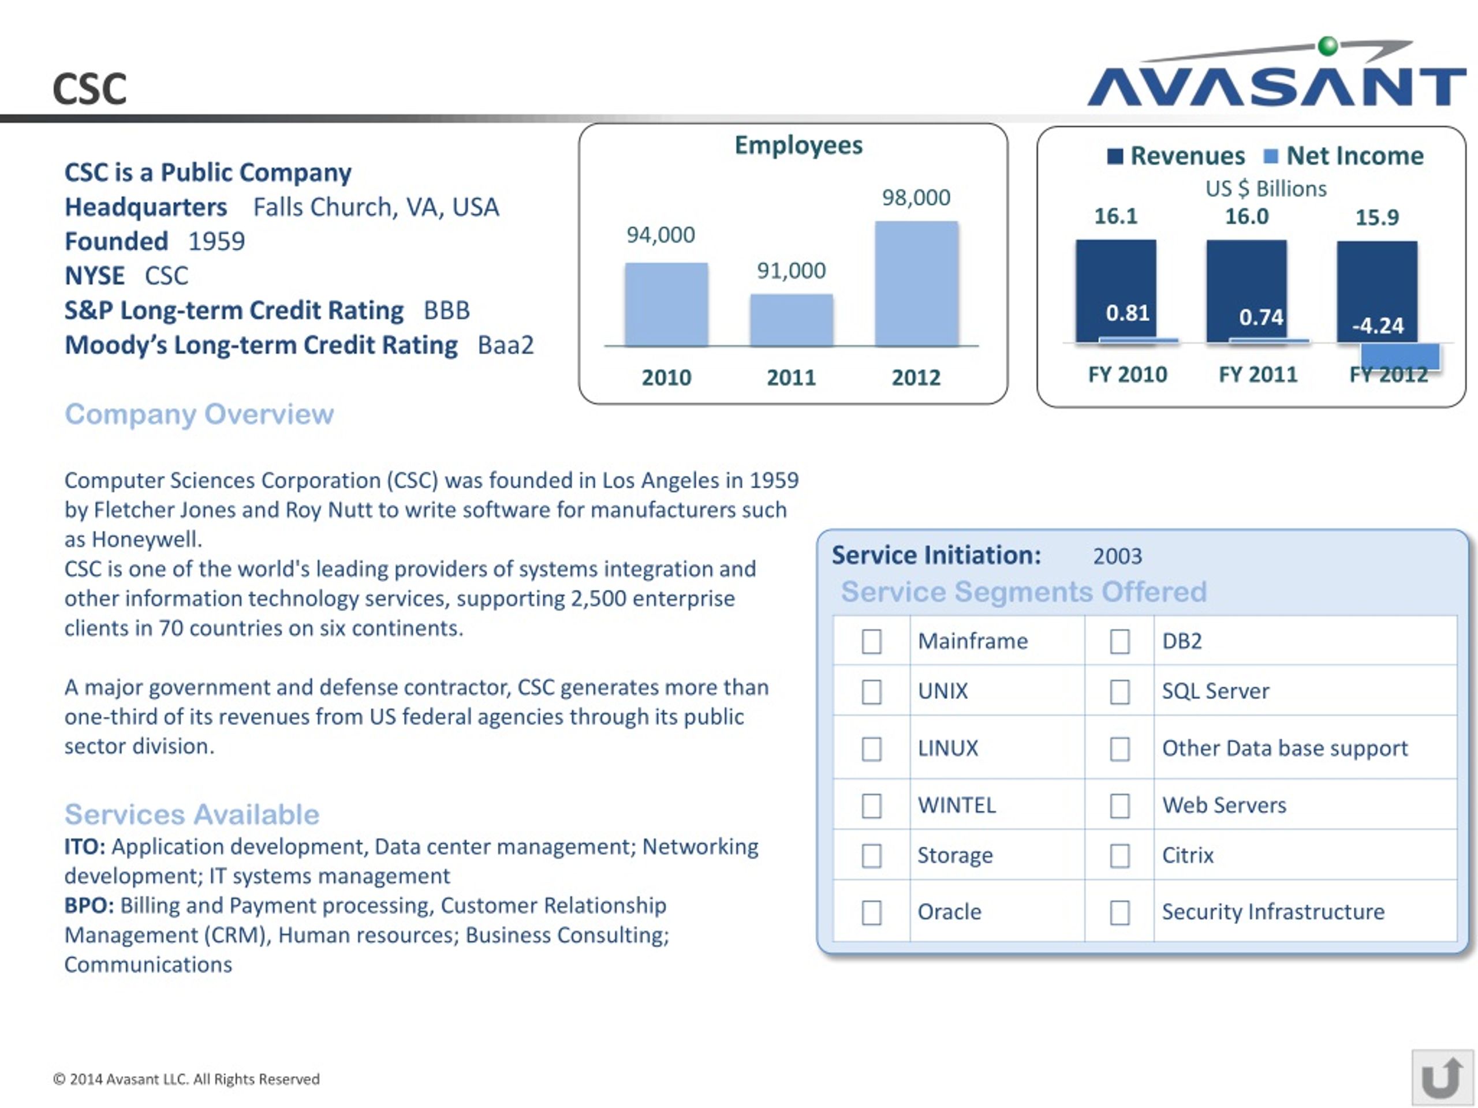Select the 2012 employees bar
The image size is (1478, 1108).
pos(916,284)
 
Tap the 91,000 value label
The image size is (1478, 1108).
pos(791,271)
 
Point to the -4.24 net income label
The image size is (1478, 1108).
pos(1377,326)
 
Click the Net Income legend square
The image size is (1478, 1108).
pos(1270,156)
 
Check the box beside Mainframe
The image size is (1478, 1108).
pos(871,641)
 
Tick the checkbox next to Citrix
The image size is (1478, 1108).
pos(1119,856)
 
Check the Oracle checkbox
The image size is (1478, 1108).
pos(871,912)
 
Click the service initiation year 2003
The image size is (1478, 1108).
pos(1117,556)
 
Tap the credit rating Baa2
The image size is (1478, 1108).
pos(506,345)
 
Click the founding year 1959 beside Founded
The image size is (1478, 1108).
pos(217,242)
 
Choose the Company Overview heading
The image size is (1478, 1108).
pos(199,415)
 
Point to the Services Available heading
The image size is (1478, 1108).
pos(192,815)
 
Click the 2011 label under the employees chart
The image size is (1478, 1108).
pos(791,378)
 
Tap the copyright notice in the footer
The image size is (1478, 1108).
pos(186,1079)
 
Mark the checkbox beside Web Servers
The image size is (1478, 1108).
pos(1119,806)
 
